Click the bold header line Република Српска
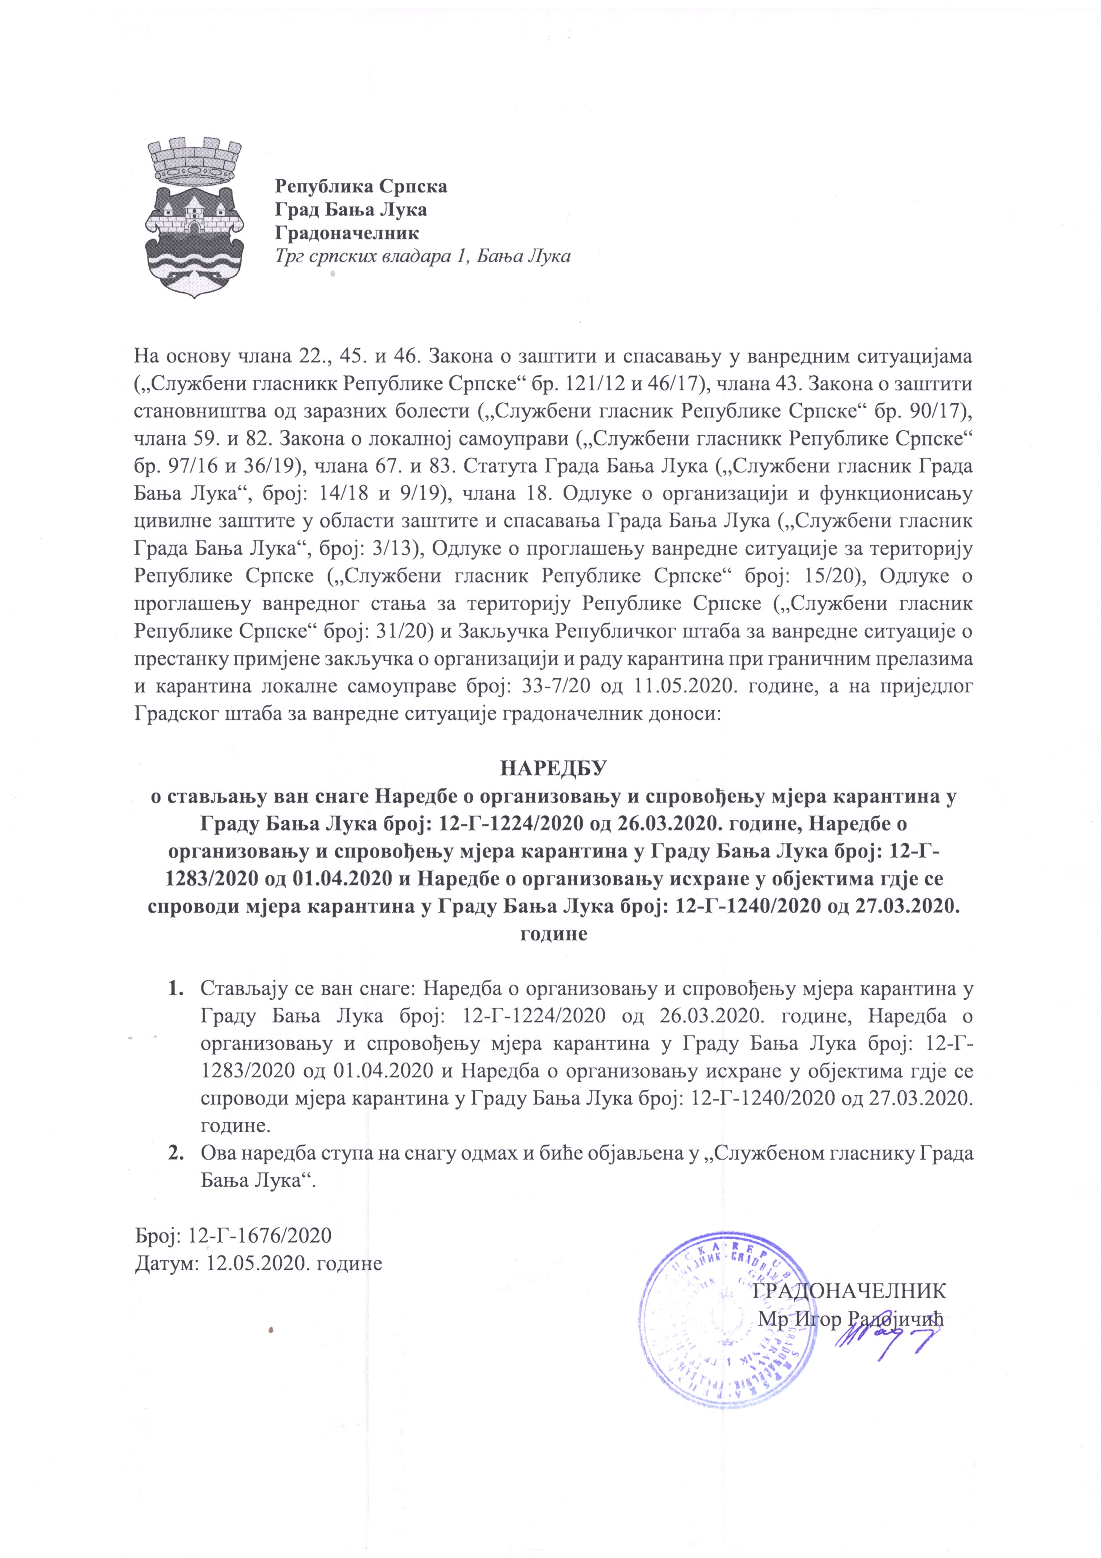tap(360, 185)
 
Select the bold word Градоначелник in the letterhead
tap(347, 233)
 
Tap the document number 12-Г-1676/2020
tap(261, 1235)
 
